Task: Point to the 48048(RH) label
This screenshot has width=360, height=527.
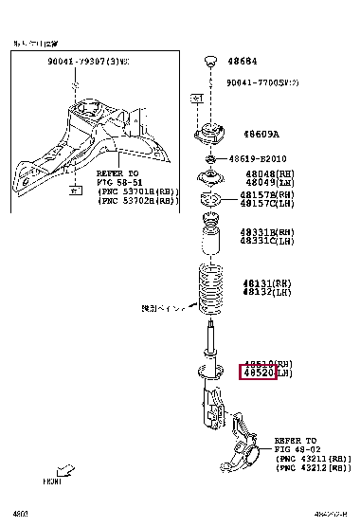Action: point(264,175)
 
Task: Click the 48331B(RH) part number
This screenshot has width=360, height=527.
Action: point(266,232)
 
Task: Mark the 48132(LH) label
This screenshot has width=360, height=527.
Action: point(266,291)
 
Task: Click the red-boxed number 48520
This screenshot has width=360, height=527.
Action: point(258,374)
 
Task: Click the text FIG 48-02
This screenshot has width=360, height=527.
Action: point(296,450)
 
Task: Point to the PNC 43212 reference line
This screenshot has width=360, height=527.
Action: point(313,468)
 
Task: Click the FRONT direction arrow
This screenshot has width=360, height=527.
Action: point(67,470)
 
